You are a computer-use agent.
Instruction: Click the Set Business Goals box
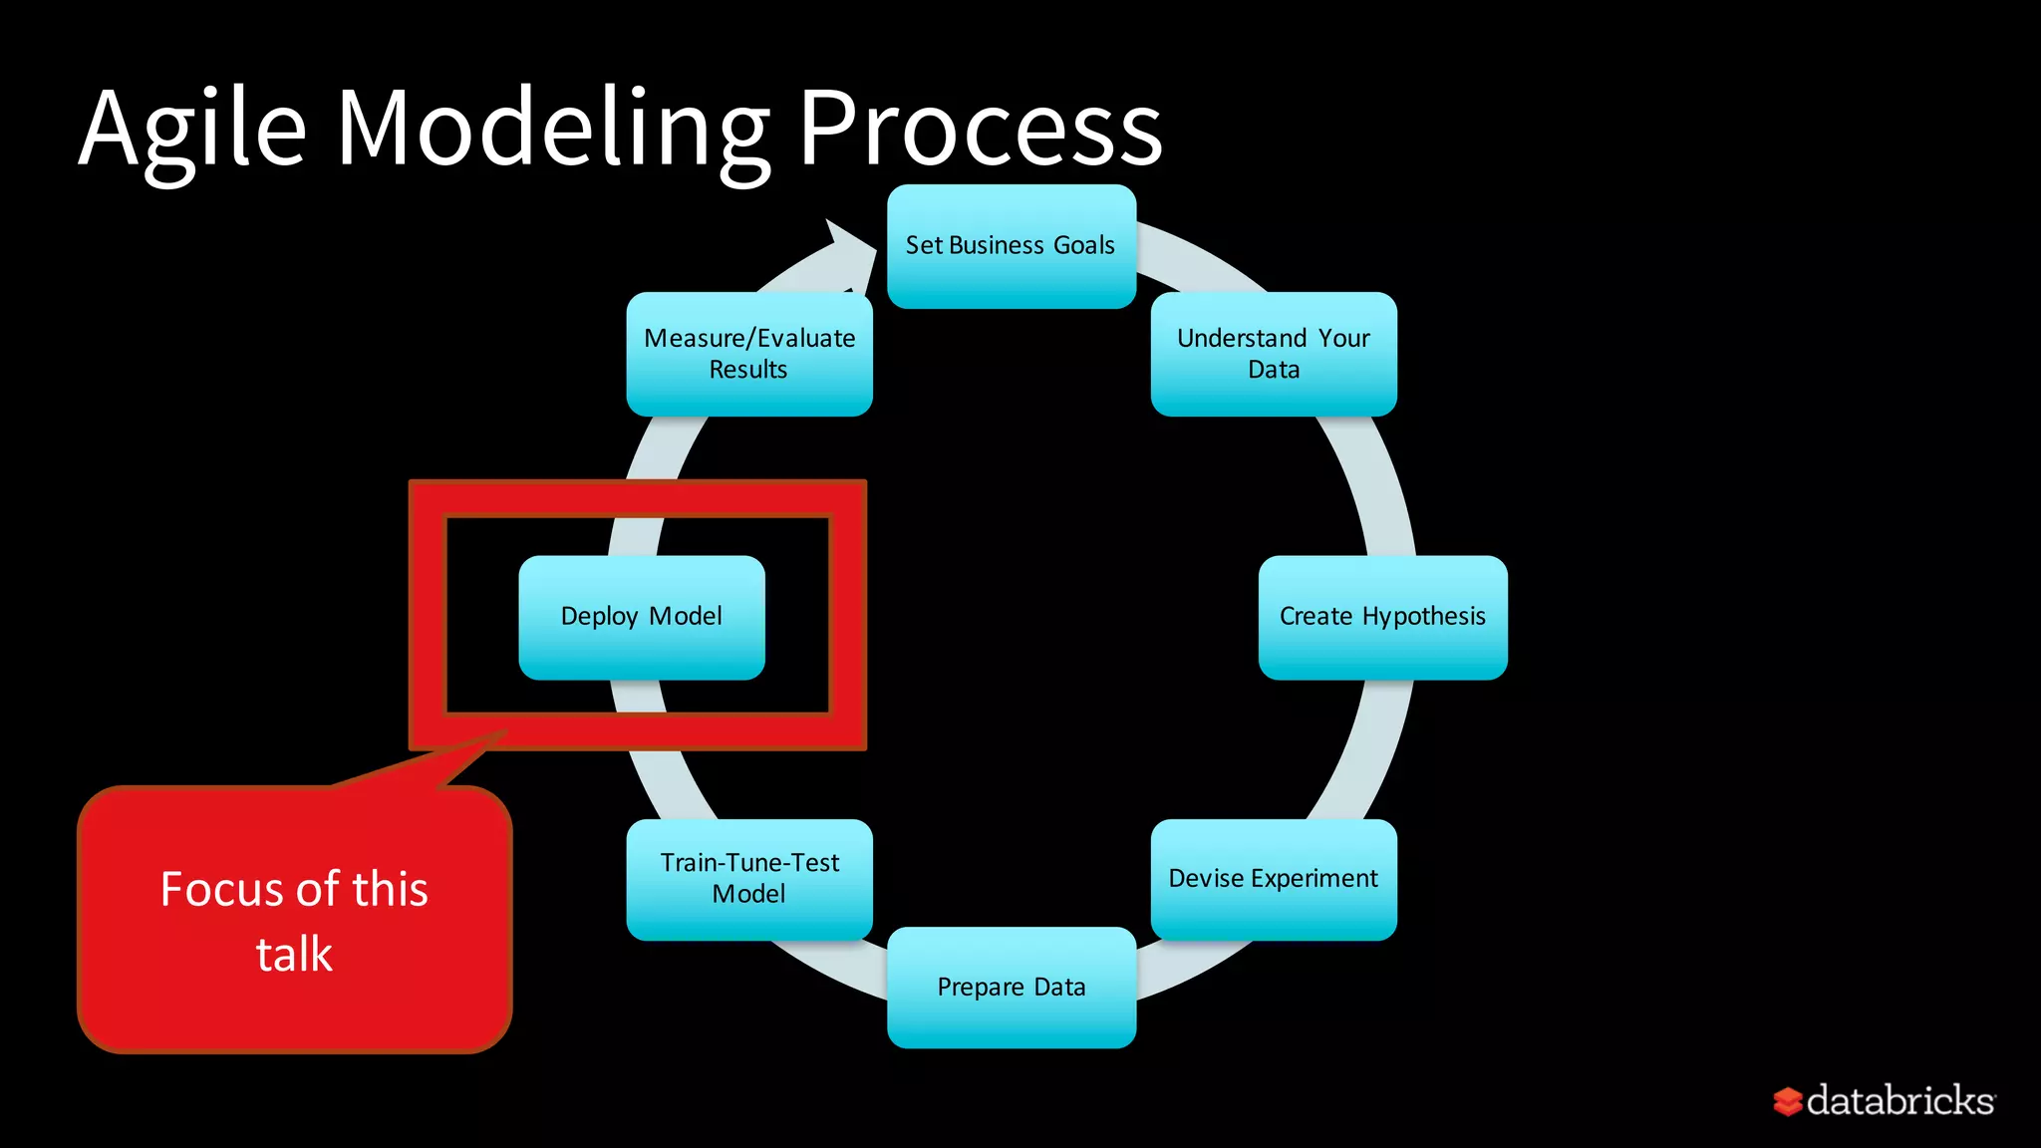[x=1011, y=246]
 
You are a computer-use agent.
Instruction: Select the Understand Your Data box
[x=1274, y=354]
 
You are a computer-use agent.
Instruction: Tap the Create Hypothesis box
[x=1382, y=617]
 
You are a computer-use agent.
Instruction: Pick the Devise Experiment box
[x=1274, y=879]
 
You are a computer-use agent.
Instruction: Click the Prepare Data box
[x=1011, y=987]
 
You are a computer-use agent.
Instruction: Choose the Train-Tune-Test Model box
[x=749, y=879]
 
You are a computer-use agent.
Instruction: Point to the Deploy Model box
[x=642, y=617]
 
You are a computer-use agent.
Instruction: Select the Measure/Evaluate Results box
[x=749, y=354]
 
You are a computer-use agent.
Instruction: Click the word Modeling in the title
[x=553, y=130]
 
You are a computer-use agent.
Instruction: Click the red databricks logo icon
[x=1788, y=1101]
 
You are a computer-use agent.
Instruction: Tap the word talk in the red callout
[x=294, y=954]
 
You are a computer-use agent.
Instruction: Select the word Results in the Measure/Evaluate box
[x=748, y=370]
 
